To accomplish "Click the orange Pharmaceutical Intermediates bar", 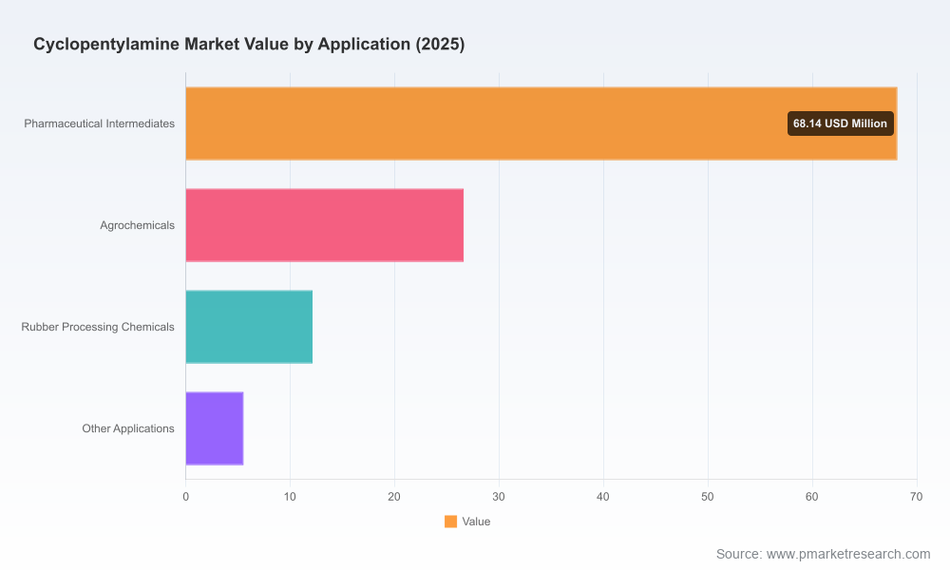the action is coord(541,123).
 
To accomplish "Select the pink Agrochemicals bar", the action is coord(325,225).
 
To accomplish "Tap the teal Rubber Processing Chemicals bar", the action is coord(249,327).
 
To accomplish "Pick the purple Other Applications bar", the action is coord(215,428).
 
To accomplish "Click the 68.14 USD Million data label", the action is coord(841,123).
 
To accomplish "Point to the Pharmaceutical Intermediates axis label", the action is coord(100,123).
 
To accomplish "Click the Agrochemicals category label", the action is coord(137,225).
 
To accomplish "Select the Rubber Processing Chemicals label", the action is coord(98,327).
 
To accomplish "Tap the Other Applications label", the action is coord(128,428).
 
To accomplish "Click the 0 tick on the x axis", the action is coord(185,497).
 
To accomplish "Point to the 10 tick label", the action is coord(290,497).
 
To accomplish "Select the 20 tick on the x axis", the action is coord(394,497).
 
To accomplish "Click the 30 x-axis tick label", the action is coord(499,497).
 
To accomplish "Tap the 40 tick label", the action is coord(603,497).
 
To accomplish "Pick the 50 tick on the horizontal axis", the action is coord(708,497).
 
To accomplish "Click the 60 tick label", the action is coord(812,497).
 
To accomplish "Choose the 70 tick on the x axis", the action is coord(916,497).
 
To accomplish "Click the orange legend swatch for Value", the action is coord(450,522).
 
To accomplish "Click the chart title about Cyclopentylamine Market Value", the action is coord(249,45).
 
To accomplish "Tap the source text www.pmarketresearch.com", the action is coord(848,554).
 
